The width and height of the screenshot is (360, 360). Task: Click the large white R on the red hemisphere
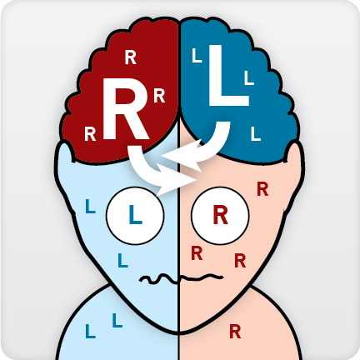click(x=125, y=109)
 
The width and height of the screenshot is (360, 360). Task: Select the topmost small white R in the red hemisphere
click(x=130, y=57)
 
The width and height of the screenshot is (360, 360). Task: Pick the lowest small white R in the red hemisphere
click(x=90, y=134)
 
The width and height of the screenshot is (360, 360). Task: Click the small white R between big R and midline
click(x=159, y=96)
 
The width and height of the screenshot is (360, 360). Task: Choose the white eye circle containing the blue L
click(x=135, y=215)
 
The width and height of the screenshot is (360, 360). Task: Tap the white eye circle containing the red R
click(x=220, y=215)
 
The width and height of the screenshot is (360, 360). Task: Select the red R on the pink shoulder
click(x=235, y=332)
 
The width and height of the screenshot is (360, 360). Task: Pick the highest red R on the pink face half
click(x=262, y=189)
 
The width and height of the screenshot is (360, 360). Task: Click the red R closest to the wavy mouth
click(x=197, y=253)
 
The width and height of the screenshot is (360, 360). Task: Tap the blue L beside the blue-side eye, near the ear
click(x=90, y=206)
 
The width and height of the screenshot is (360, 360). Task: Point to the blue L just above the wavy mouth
click(x=122, y=260)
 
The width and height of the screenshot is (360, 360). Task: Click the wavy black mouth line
click(x=181, y=278)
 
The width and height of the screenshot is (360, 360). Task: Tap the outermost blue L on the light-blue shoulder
click(x=90, y=331)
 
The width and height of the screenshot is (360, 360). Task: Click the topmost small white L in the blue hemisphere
click(x=197, y=56)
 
